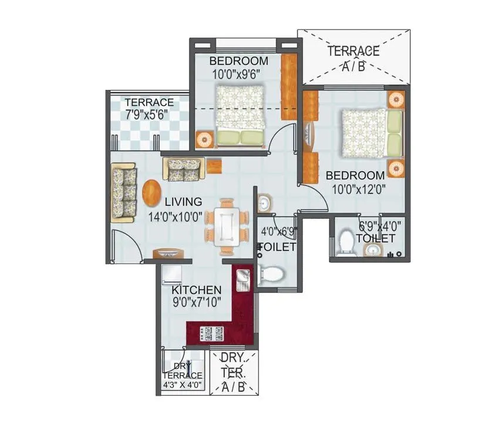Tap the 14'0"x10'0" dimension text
click(x=176, y=216)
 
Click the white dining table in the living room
click(x=227, y=225)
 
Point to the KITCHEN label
click(x=196, y=290)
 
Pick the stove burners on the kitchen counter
click(x=212, y=333)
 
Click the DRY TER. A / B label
click(x=234, y=373)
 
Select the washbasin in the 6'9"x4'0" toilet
click(x=372, y=250)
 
